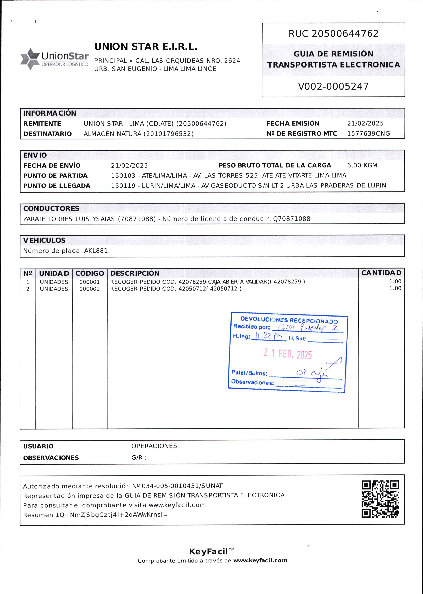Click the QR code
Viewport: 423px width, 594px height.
click(x=380, y=499)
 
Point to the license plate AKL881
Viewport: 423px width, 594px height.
click(x=96, y=251)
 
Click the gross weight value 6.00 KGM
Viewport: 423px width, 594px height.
click(x=362, y=165)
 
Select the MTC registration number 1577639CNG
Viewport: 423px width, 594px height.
click(x=368, y=134)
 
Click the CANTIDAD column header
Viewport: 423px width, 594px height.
click(x=381, y=273)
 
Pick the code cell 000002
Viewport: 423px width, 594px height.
click(x=89, y=289)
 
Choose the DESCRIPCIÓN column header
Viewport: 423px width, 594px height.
click(x=135, y=273)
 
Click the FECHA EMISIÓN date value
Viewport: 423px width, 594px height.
click(x=365, y=123)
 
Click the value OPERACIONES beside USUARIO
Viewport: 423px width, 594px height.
click(x=154, y=446)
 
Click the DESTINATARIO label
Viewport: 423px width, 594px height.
click(x=47, y=134)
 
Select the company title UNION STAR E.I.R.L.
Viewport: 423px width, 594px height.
click(x=146, y=47)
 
